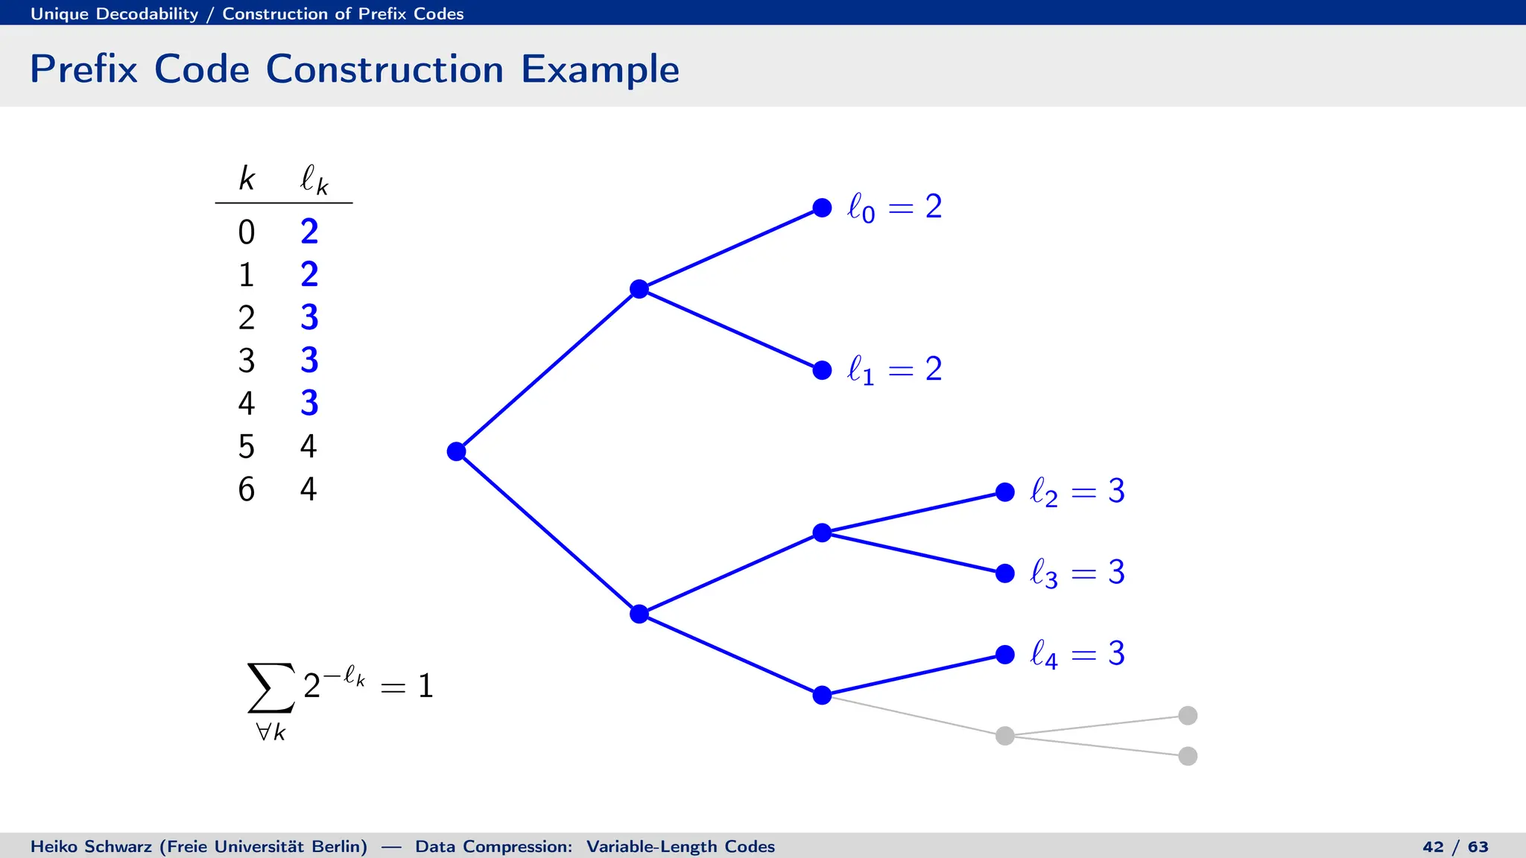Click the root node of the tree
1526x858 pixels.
click(456, 451)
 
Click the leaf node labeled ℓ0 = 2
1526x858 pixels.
click(822, 208)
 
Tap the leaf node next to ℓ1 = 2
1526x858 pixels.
click(822, 370)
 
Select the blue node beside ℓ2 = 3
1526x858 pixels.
click(1005, 492)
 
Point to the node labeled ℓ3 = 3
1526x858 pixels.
click(1005, 573)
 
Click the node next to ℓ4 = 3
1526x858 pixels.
click(1005, 655)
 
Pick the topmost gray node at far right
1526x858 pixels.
click(1188, 716)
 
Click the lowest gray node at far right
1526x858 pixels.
click(1188, 756)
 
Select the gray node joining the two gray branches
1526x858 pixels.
click(1005, 736)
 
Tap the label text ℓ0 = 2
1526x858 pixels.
click(894, 207)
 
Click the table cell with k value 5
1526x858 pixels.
click(247, 447)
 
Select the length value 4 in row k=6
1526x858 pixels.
click(308, 489)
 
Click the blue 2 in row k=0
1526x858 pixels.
click(309, 232)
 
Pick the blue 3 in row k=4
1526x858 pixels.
click(309, 404)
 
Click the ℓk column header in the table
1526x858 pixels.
click(314, 179)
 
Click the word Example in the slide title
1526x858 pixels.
click(600, 69)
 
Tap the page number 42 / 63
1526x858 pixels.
click(1454, 847)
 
